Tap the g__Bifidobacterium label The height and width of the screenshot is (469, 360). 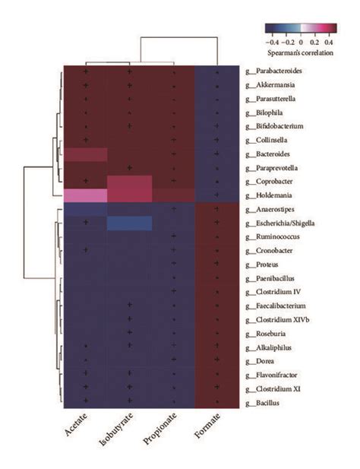(x=274, y=126)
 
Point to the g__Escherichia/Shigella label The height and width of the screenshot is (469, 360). (x=279, y=222)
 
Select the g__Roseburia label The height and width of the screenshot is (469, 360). (x=268, y=332)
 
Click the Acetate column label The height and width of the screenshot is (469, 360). (x=77, y=426)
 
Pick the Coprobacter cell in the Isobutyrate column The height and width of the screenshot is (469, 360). (x=129, y=181)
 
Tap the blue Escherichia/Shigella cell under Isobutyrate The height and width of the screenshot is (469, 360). (x=129, y=222)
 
